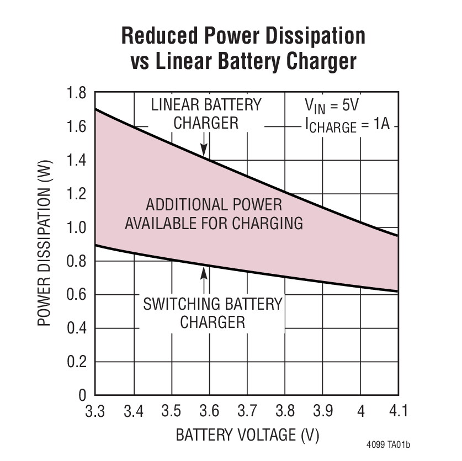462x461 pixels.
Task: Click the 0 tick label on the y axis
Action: pyautogui.click(x=82, y=396)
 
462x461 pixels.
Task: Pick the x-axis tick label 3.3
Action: pyautogui.click(x=96, y=411)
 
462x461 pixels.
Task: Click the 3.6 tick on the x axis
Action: pyautogui.click(x=209, y=411)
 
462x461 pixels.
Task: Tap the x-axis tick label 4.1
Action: pyautogui.click(x=398, y=411)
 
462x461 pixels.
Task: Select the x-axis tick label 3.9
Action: pyautogui.click(x=322, y=411)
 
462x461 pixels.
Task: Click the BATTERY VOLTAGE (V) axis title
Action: pyautogui.click(x=247, y=435)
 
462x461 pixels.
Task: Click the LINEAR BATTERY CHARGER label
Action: pyautogui.click(x=206, y=113)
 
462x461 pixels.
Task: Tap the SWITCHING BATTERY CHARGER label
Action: pyautogui.click(x=213, y=312)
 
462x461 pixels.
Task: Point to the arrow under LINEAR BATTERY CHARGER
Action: pyautogui.click(x=204, y=146)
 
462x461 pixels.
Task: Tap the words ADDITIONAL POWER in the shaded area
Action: pyautogui.click(x=214, y=205)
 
